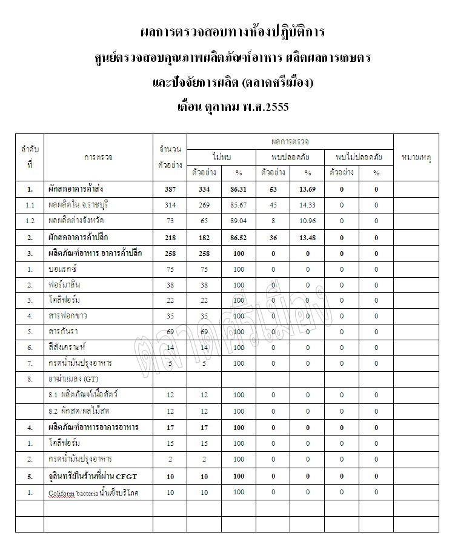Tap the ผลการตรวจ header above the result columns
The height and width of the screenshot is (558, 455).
290,142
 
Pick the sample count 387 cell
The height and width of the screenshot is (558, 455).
170,189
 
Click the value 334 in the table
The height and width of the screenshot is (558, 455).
204,189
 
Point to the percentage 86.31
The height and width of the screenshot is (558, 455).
239,189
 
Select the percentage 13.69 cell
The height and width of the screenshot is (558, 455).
307,189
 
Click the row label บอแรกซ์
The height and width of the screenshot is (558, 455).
62,269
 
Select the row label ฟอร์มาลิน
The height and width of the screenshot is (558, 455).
65,284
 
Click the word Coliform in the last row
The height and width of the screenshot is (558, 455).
62,493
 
